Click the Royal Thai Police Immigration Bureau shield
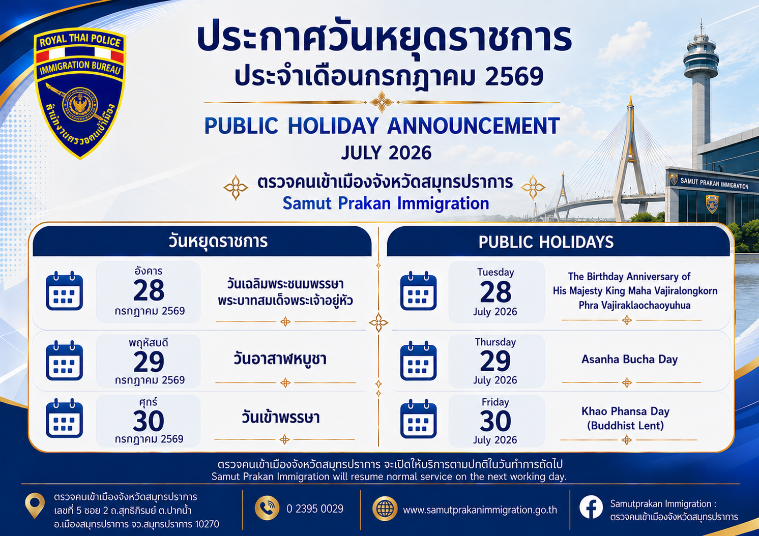[x=80, y=93]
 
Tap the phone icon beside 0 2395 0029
[x=267, y=508]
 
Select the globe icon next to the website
[x=385, y=509]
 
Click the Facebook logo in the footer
[x=591, y=507]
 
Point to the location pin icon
[x=35, y=505]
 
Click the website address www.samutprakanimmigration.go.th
[x=480, y=510]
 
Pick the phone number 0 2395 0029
[x=315, y=509]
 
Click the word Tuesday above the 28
[x=495, y=272]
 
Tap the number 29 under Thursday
[x=495, y=361]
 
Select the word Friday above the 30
[x=495, y=402]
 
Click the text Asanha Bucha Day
[x=630, y=359]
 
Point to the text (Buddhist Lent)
[x=625, y=426]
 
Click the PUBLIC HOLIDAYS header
[x=546, y=242]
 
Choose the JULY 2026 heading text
[x=386, y=153]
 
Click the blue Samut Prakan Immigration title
[x=386, y=203]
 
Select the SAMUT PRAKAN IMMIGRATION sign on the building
[x=714, y=184]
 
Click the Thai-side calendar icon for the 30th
[x=65, y=419]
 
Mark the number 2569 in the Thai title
[x=514, y=77]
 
